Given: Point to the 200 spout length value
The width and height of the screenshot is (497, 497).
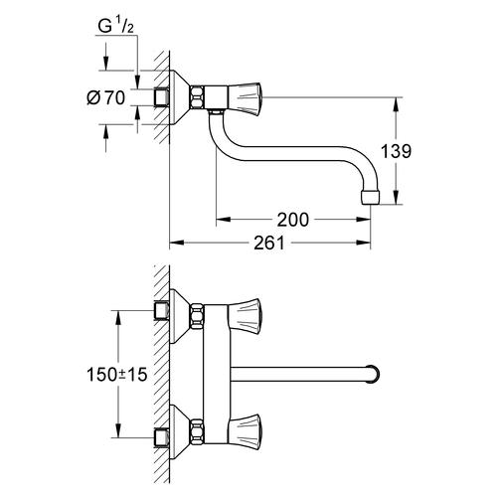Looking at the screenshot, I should [292, 219].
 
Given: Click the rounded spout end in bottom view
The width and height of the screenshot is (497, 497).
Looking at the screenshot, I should [374, 375].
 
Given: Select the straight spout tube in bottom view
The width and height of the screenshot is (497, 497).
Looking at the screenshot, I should [298, 375].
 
